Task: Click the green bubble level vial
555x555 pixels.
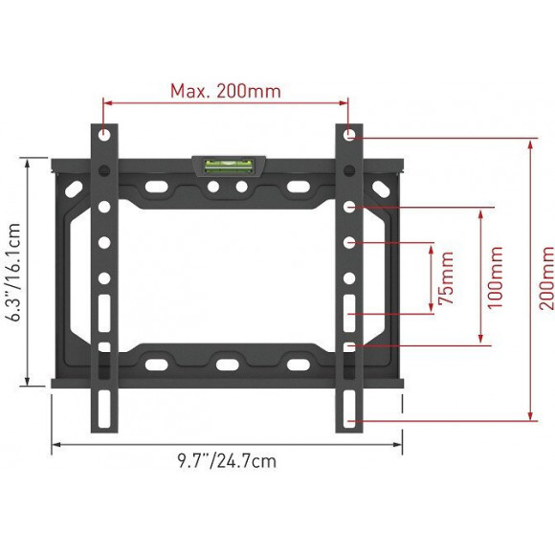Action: pyautogui.click(x=229, y=166)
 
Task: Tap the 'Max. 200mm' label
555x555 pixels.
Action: pyautogui.click(x=226, y=91)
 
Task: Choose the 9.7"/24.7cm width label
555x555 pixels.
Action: pyautogui.click(x=227, y=461)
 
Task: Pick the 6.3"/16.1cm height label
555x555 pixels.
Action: pyautogui.click(x=14, y=272)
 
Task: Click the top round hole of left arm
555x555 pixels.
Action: pyautogui.click(x=104, y=135)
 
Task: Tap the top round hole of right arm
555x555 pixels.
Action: pyautogui.click(x=349, y=135)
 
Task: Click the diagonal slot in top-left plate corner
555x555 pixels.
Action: pyautogui.click(x=74, y=189)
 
